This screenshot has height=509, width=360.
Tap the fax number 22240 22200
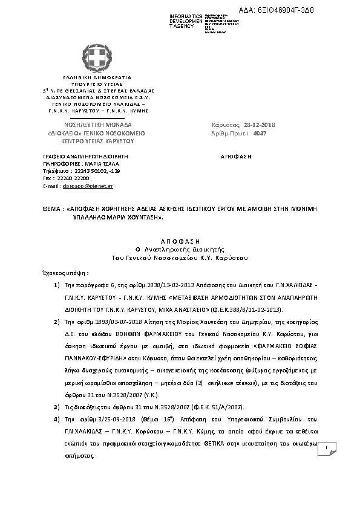72,179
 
